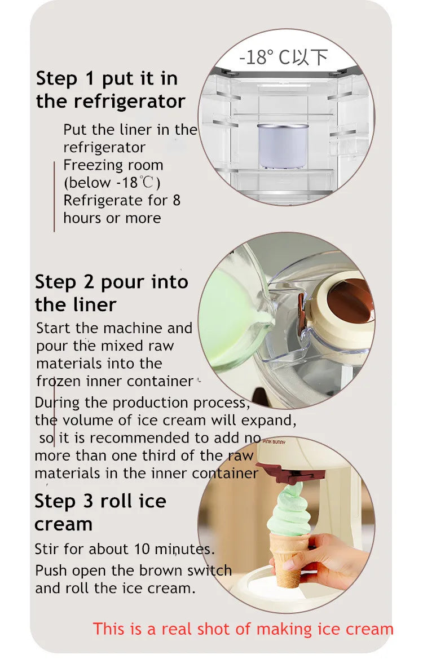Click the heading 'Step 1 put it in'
coord(107,78)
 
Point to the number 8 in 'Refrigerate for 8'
coord(176,200)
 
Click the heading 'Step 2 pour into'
coord(111,281)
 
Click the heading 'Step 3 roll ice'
coord(100,501)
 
